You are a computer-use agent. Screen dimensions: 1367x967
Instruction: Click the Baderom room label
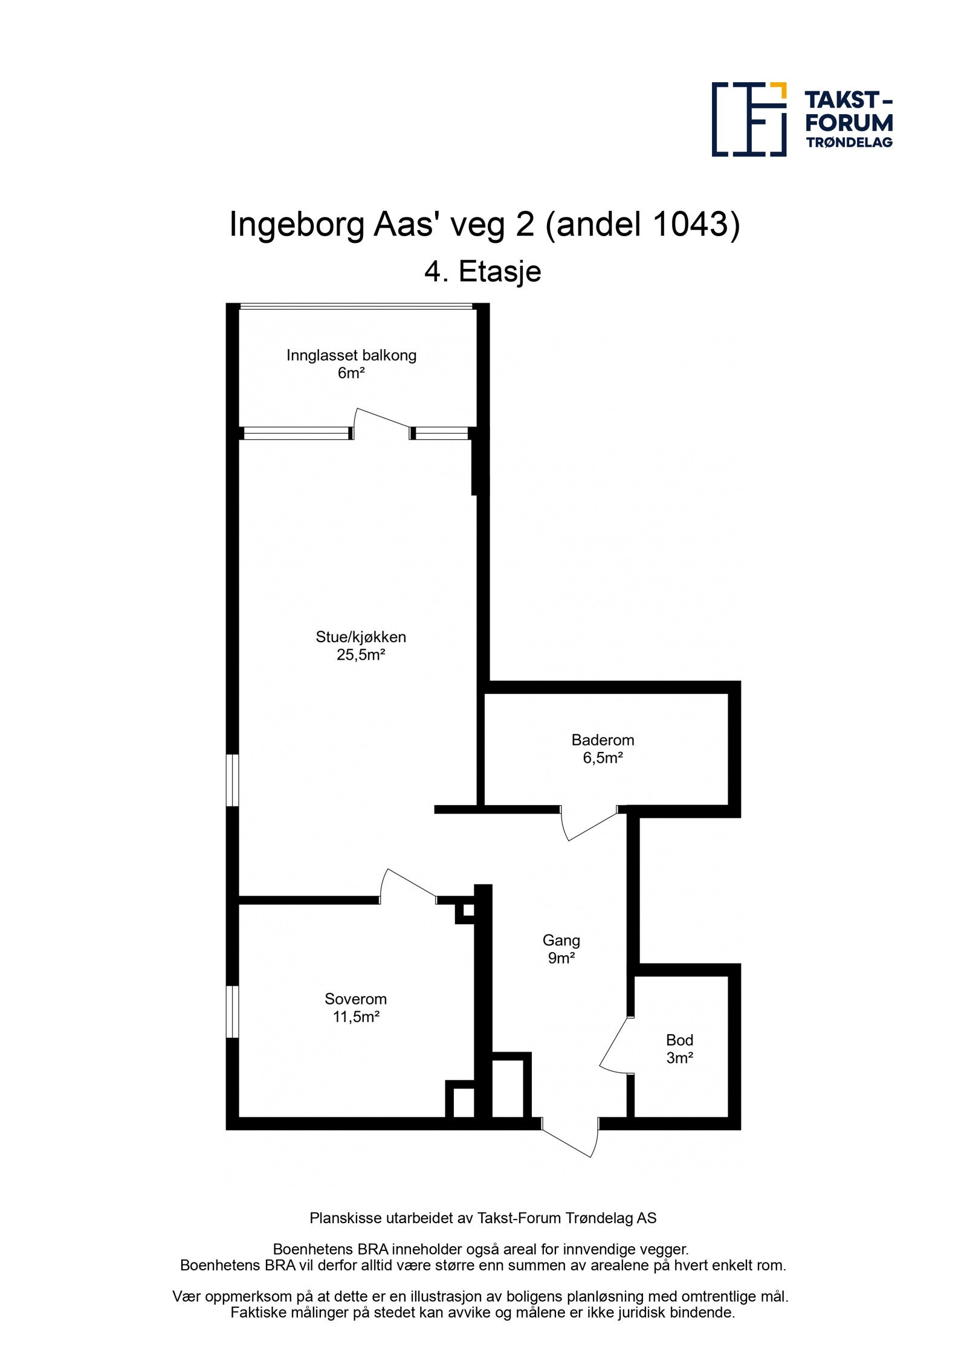(x=602, y=739)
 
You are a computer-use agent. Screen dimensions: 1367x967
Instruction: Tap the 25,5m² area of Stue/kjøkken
(x=361, y=655)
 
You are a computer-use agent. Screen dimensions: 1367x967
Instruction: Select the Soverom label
(x=355, y=999)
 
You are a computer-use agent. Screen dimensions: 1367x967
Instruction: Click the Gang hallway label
(x=561, y=940)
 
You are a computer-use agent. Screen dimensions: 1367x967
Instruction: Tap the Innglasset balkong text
(x=351, y=355)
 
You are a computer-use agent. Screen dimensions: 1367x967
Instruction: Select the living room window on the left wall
(x=232, y=779)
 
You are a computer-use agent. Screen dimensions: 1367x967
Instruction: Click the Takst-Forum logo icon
(x=748, y=119)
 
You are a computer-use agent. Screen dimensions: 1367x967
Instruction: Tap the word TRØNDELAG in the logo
(x=849, y=143)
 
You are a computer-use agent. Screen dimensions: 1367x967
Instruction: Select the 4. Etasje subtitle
(x=482, y=271)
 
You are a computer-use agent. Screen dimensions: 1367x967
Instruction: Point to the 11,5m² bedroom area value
(x=356, y=1017)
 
